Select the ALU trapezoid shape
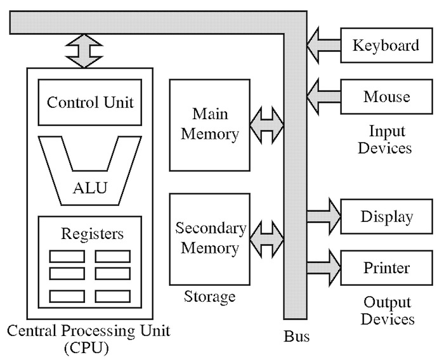point(89,188)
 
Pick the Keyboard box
point(386,46)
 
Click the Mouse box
point(386,97)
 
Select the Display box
point(386,217)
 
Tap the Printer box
point(386,267)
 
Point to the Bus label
point(296,336)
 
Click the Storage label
point(209,296)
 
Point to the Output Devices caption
point(386,311)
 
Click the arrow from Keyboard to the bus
point(323,46)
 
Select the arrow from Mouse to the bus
point(323,97)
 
